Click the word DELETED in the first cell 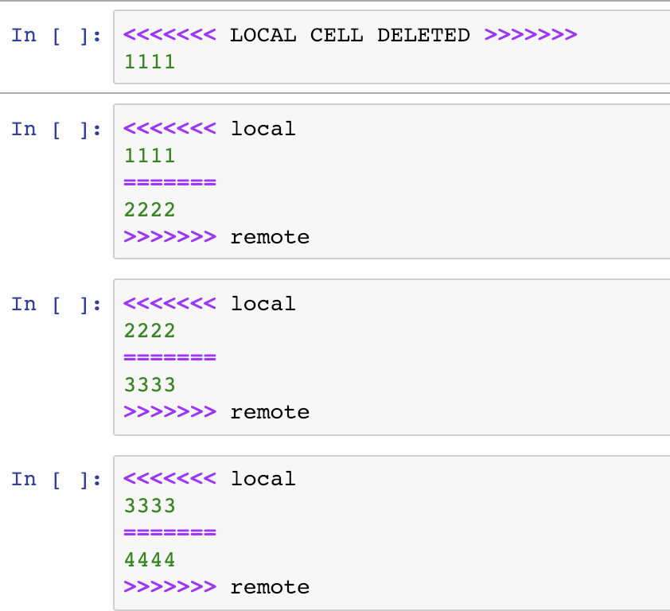pyautogui.click(x=423, y=35)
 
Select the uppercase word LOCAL pyautogui.click(x=263, y=35)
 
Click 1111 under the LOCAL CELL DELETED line pyautogui.click(x=150, y=61)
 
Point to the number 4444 pyautogui.click(x=150, y=560)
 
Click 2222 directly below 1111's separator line pyautogui.click(x=150, y=210)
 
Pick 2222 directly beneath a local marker pyautogui.click(x=150, y=330)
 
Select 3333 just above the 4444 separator pyautogui.click(x=150, y=505)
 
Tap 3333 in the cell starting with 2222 pyautogui.click(x=150, y=385)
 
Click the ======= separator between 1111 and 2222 pyautogui.click(x=170, y=183)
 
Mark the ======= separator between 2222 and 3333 pyautogui.click(x=170, y=358)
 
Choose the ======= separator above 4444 pyautogui.click(x=170, y=533)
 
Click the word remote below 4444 pyautogui.click(x=270, y=587)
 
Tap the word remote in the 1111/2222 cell pyautogui.click(x=270, y=237)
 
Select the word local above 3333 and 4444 pyautogui.click(x=263, y=479)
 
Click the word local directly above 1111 pyautogui.click(x=263, y=129)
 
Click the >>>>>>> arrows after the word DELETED pyautogui.click(x=530, y=35)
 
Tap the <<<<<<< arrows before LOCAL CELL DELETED pyautogui.click(x=170, y=35)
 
